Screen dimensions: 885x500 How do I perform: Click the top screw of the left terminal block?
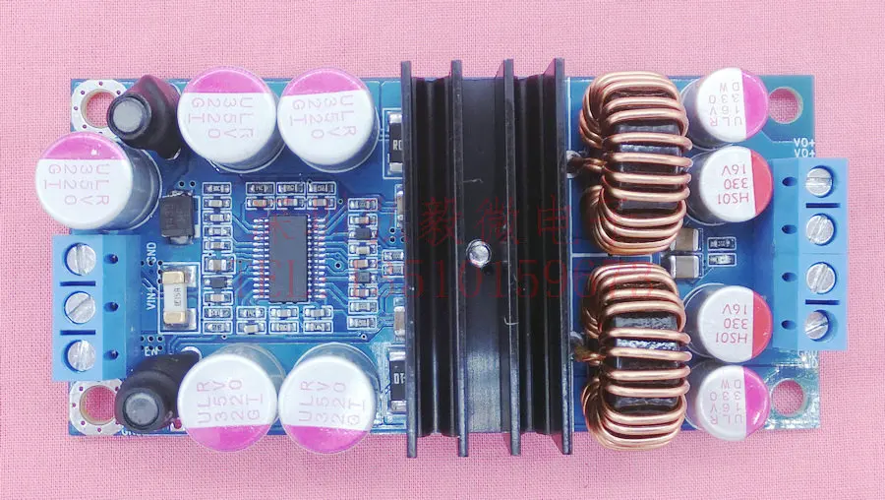83,259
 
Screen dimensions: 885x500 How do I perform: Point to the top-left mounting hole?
96,101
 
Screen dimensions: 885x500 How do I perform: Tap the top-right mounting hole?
782,101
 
